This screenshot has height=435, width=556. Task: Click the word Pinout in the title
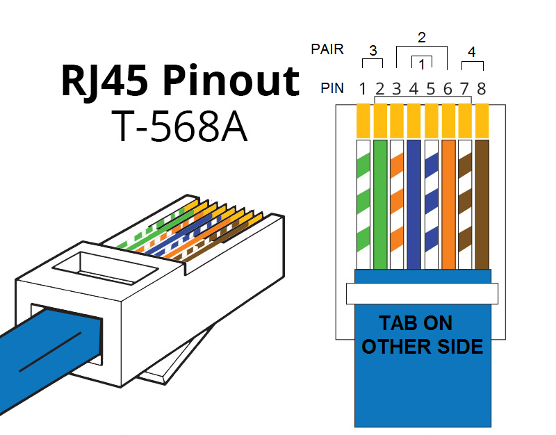[229, 83]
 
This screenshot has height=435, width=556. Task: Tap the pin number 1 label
[363, 88]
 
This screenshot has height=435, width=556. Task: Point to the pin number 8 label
[481, 88]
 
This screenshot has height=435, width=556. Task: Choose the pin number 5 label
[430, 88]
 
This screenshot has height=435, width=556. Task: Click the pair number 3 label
[373, 51]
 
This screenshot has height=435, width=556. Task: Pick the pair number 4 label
[472, 51]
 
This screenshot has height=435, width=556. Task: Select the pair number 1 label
[422, 65]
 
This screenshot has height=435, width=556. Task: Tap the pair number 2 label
[421, 36]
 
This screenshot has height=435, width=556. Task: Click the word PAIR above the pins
[327, 50]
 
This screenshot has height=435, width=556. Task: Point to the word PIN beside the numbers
[332, 89]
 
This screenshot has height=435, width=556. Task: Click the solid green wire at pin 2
[380, 204]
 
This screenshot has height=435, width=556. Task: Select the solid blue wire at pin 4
[414, 204]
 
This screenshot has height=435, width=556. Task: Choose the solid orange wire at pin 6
[448, 204]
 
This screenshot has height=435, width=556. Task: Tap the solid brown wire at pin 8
[482, 204]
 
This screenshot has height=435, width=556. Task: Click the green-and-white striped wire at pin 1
[363, 204]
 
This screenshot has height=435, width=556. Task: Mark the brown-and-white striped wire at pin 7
[466, 204]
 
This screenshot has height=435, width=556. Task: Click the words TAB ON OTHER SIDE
[423, 334]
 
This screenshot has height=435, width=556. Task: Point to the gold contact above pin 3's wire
[397, 120]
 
